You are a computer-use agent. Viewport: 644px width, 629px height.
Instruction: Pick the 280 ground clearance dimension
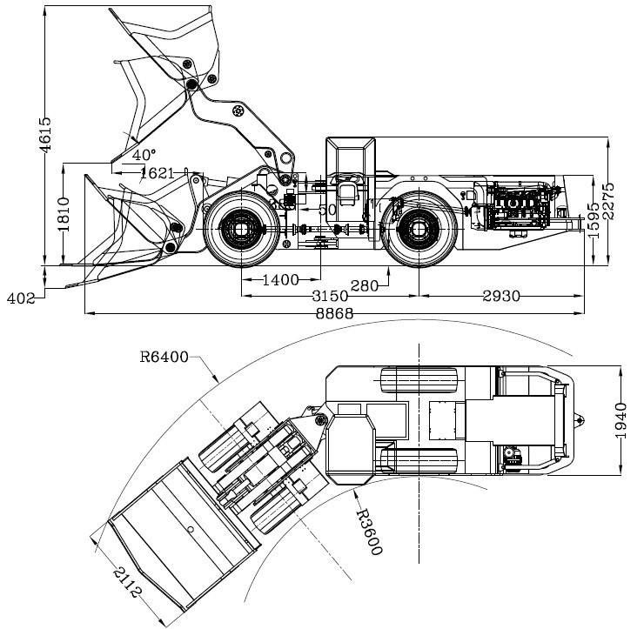point(365,284)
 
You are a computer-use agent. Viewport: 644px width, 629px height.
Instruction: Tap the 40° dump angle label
point(144,154)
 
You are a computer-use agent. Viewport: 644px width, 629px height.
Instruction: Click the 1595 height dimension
point(594,224)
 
